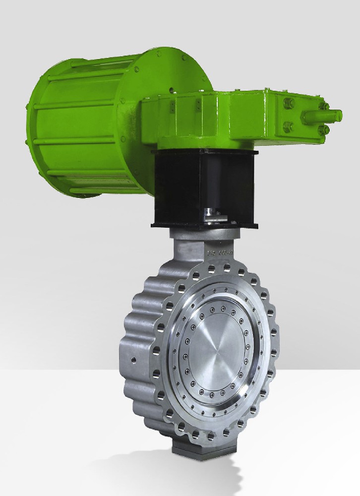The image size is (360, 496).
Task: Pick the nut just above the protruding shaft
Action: [x=324, y=105]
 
